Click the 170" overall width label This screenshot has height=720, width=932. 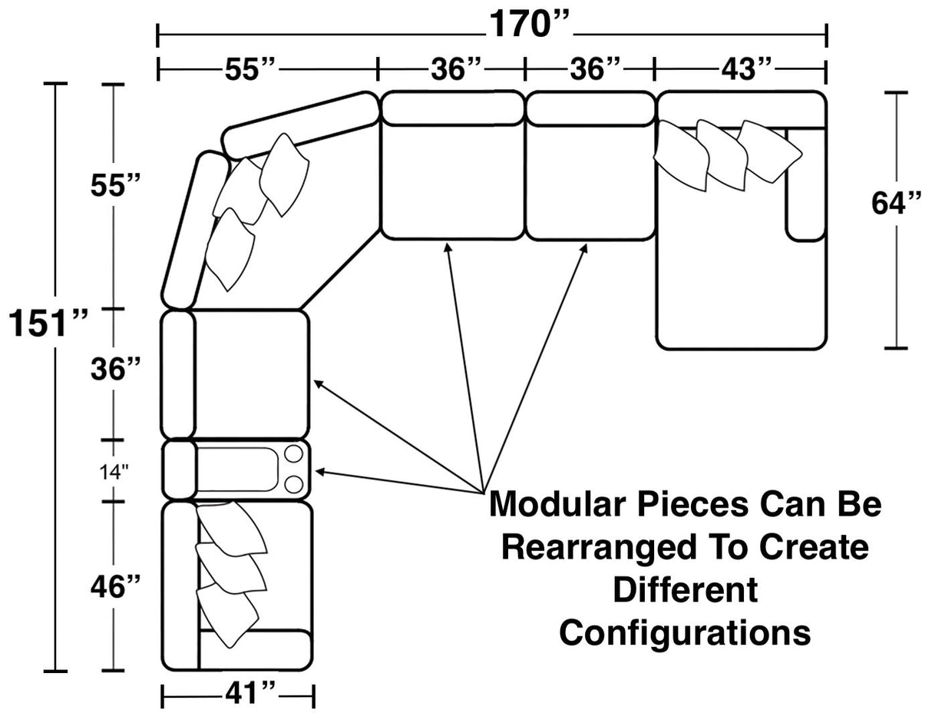[529, 26]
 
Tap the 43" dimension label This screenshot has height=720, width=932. [745, 69]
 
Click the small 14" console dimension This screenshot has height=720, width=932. [114, 470]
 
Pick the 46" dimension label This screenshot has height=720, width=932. [114, 588]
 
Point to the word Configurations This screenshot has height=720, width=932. [685, 632]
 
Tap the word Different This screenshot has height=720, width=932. [685, 590]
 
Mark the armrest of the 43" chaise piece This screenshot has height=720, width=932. [805, 184]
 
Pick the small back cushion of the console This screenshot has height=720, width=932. [178, 469]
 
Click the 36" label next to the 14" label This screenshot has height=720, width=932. [114, 370]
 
